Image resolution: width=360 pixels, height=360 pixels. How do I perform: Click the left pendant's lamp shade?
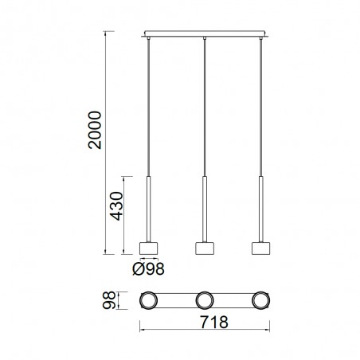(149, 248)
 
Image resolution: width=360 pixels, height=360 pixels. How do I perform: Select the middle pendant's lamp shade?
(205, 248)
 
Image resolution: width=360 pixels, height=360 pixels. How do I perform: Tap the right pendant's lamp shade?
(260, 248)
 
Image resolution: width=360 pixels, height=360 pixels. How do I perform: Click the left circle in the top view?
(149, 301)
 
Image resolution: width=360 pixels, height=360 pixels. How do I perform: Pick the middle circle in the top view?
(205, 301)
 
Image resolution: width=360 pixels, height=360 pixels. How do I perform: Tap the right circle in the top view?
(260, 301)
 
